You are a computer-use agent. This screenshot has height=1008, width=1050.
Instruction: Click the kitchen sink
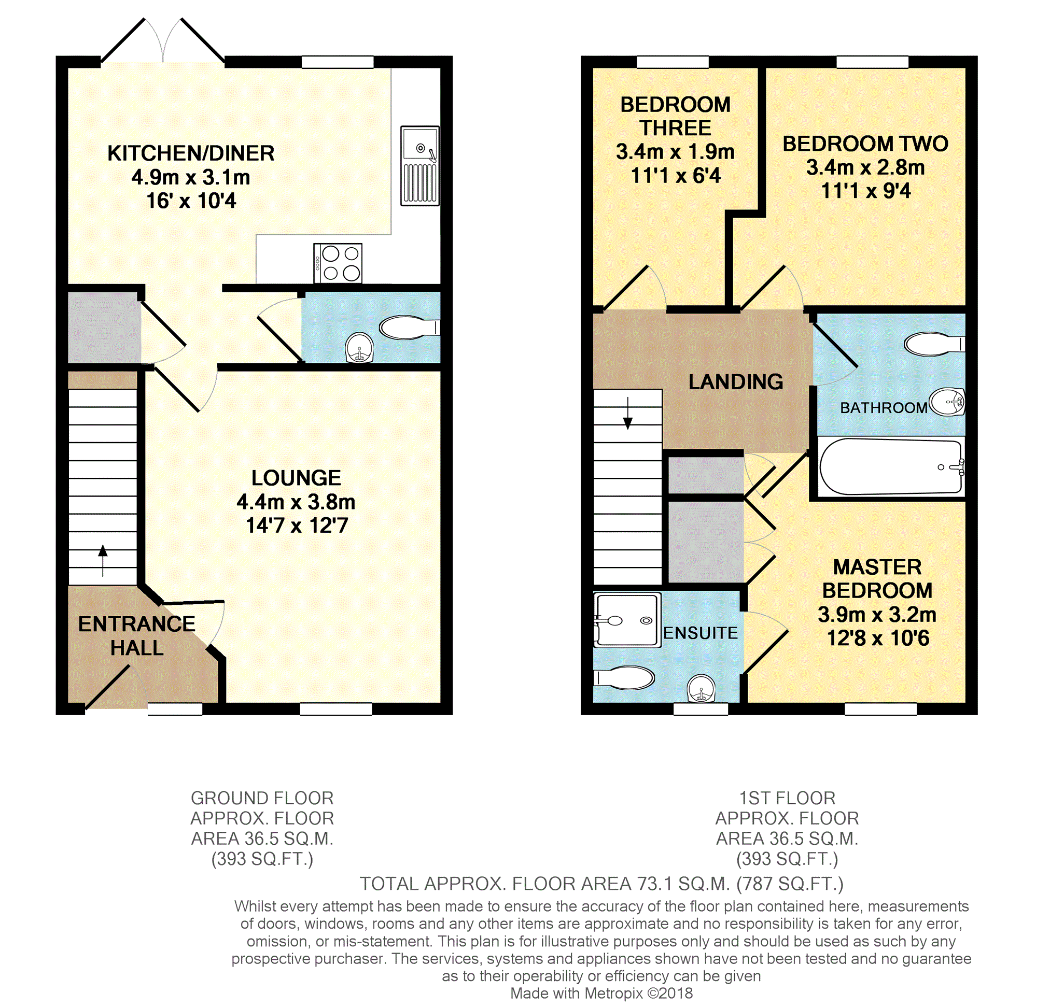420,166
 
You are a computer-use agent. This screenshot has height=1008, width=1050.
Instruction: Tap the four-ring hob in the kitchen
338,263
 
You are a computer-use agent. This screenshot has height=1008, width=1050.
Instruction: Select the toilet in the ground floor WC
409,328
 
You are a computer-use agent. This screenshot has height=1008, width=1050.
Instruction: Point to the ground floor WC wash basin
359,348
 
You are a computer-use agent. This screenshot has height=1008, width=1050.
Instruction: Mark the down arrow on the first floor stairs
628,413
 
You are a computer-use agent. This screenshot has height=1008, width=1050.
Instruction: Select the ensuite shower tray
627,620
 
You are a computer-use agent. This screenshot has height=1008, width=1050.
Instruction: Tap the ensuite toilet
624,678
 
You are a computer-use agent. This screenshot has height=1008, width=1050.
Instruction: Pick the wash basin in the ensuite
701,688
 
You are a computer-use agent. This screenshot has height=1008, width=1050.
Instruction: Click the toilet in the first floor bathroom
934,344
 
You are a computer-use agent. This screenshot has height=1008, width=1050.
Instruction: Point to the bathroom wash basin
947,402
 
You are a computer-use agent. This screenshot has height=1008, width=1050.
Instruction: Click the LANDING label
736,381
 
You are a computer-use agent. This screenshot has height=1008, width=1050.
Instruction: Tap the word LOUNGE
296,478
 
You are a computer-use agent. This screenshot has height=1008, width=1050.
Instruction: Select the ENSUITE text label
700,633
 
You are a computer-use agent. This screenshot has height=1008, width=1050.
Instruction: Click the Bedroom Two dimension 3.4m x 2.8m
865,167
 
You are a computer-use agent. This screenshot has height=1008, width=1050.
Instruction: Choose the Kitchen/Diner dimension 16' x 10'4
191,201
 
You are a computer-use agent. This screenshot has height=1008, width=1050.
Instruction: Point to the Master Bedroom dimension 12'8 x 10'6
877,638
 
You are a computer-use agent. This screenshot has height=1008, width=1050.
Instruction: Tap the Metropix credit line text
601,993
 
